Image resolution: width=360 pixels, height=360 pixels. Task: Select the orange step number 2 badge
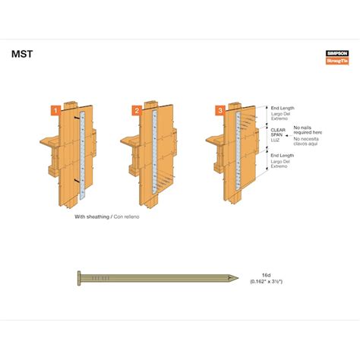coord(137,110)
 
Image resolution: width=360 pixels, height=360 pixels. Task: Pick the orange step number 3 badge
coord(219,110)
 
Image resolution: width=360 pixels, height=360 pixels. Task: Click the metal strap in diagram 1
coord(81,152)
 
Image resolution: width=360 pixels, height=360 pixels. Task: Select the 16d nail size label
coord(265,276)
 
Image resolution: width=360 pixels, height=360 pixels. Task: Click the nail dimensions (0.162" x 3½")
coord(265,283)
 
